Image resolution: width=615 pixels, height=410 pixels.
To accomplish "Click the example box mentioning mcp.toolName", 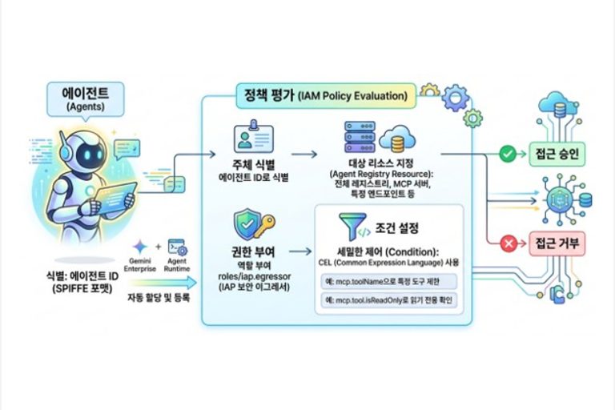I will pyautogui.click(x=387, y=281).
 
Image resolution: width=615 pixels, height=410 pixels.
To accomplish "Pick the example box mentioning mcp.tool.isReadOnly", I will pyautogui.click(x=387, y=301).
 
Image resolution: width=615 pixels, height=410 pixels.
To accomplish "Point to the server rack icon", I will pyautogui.click(x=359, y=137).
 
